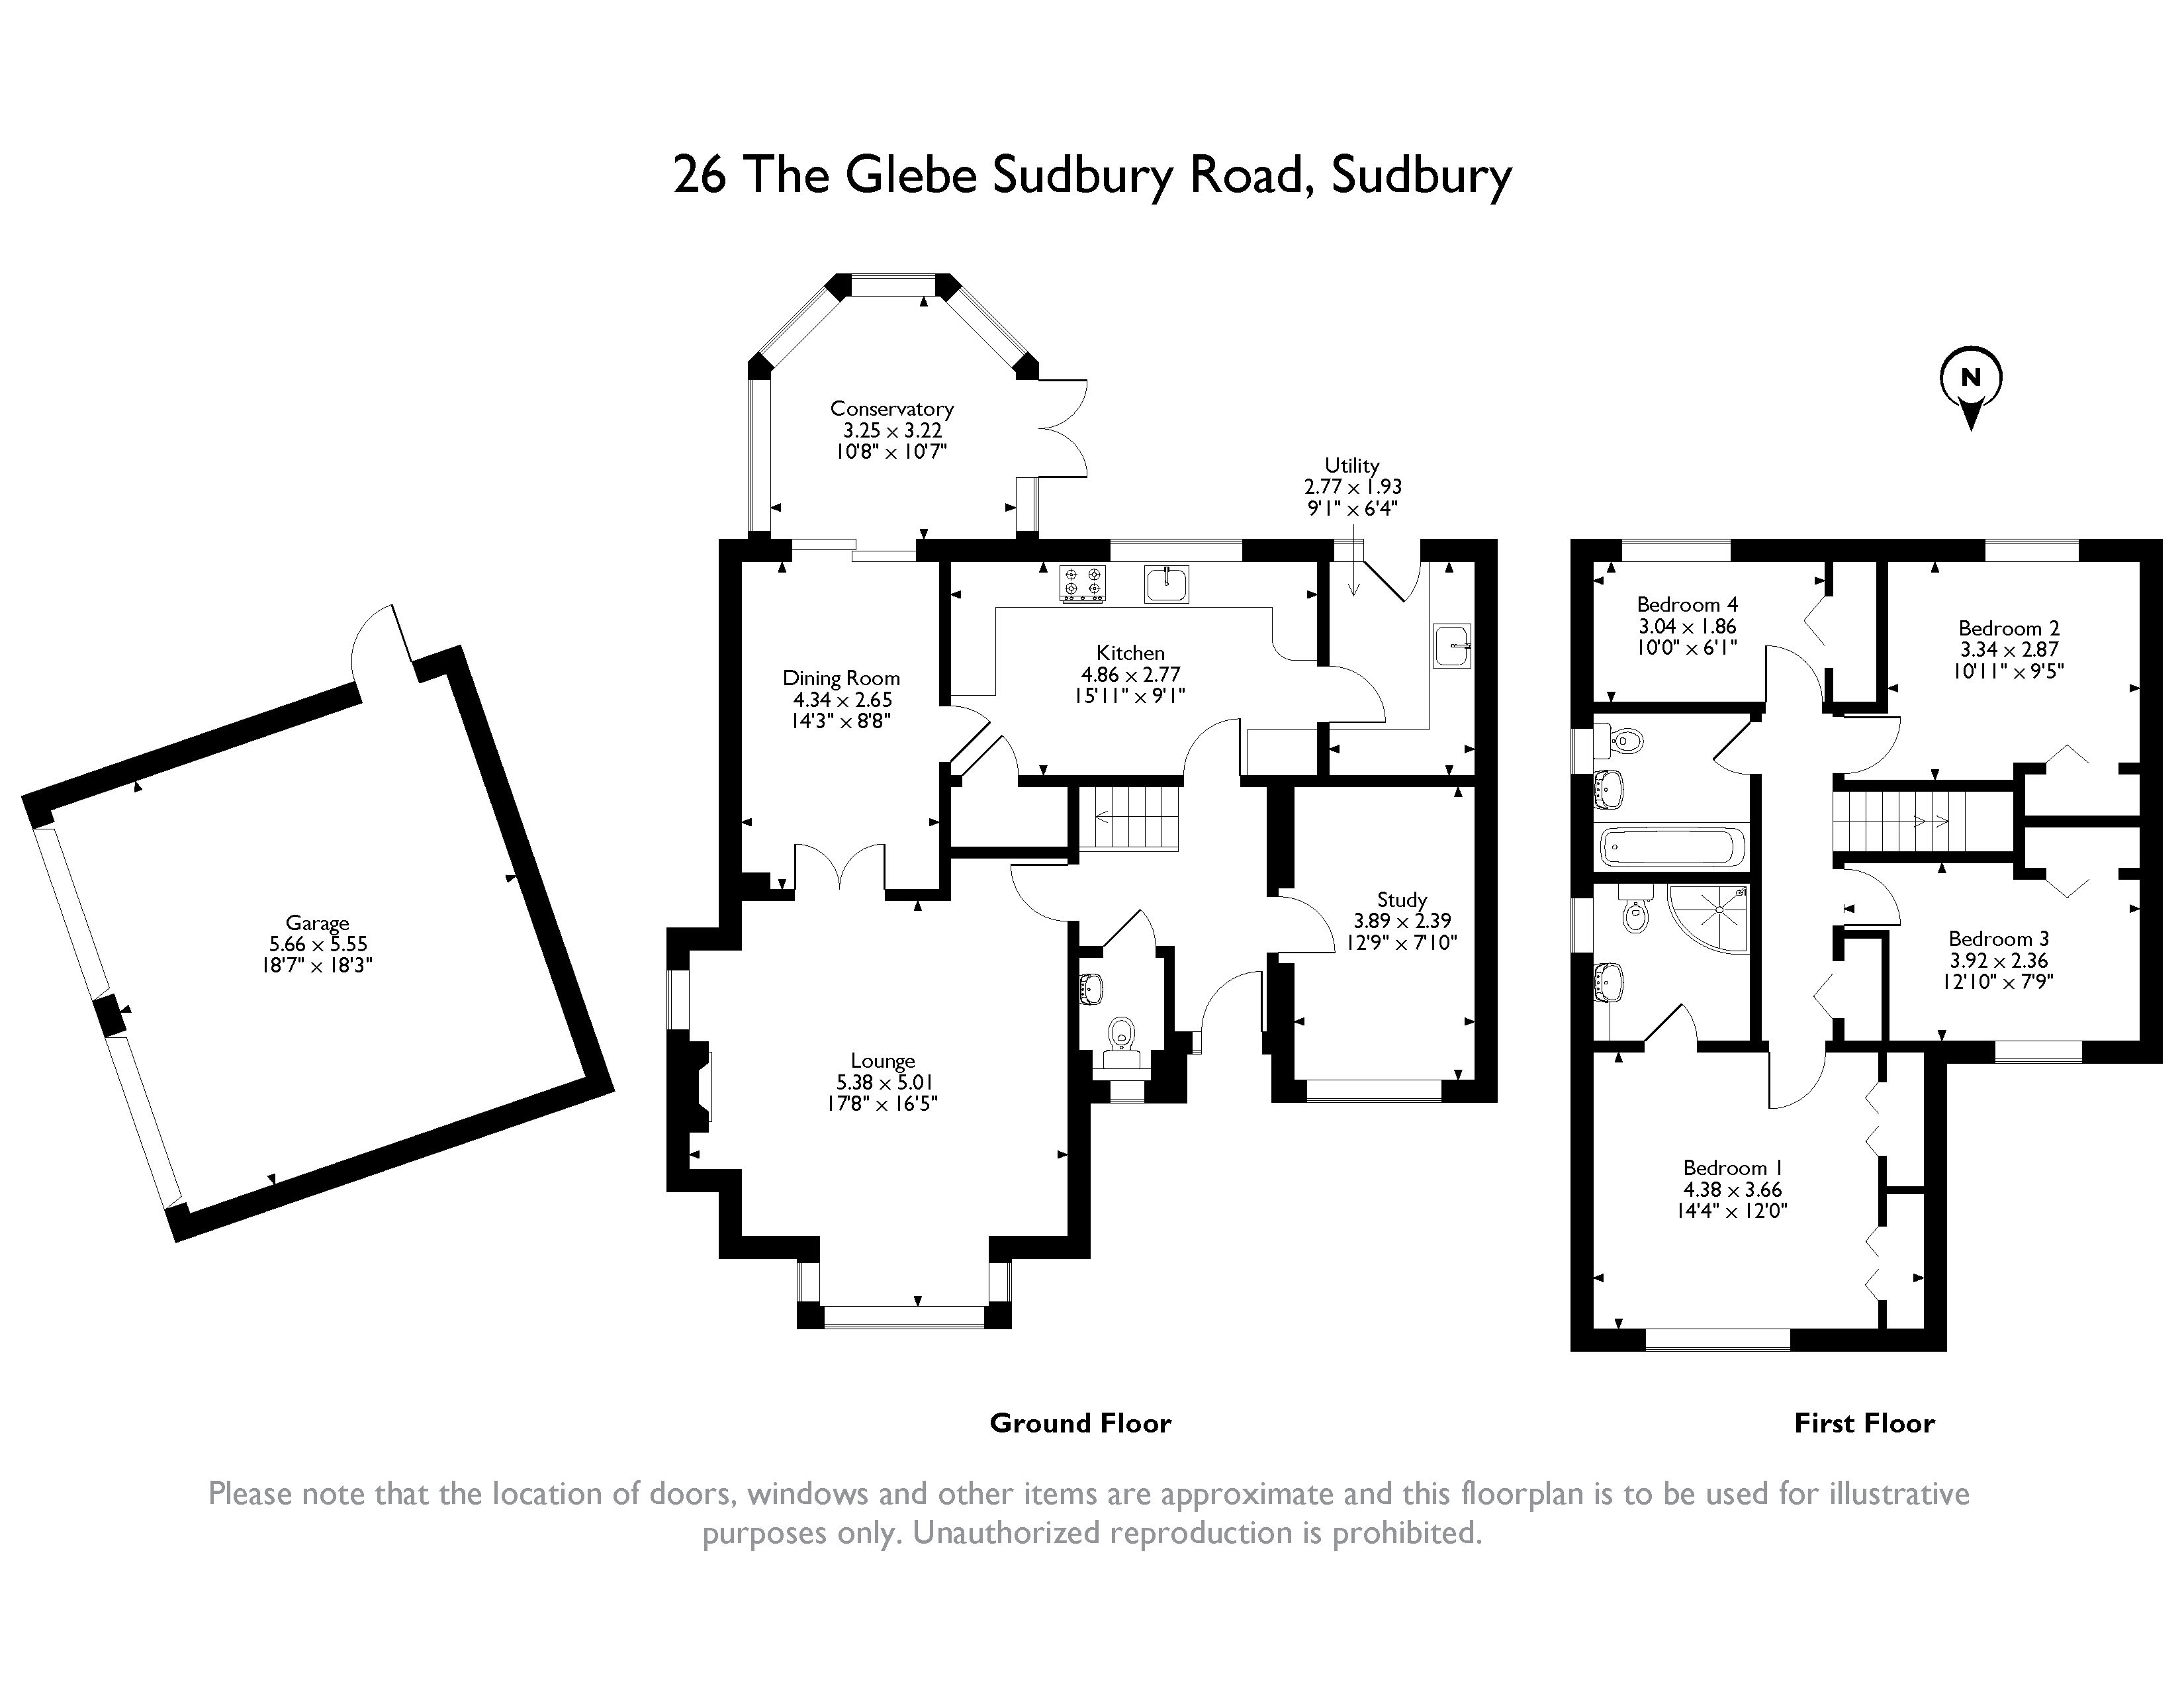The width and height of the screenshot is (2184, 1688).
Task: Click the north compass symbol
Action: [1970, 380]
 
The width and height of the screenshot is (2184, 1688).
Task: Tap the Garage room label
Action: [317, 923]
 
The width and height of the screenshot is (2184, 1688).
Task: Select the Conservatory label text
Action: [891, 409]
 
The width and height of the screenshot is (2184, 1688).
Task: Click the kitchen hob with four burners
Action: [1083, 585]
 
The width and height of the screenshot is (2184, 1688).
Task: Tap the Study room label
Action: [1401, 899]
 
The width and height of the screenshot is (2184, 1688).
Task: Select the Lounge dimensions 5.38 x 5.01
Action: [883, 1082]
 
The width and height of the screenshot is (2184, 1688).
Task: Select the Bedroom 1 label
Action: [1732, 1168]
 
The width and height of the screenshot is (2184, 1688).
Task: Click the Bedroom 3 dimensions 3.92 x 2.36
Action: [1999, 960]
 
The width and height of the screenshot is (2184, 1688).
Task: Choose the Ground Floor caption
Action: [1080, 1423]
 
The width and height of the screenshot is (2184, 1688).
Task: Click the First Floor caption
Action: [1864, 1423]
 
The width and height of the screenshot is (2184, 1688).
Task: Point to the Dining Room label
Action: [841, 678]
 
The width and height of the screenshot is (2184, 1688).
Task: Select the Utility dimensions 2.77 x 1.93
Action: [1352, 487]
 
